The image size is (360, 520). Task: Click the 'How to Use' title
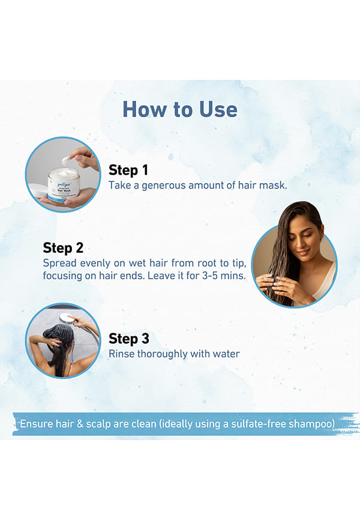point(180,109)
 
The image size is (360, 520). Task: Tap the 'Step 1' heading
point(128,170)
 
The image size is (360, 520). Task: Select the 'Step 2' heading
point(63,248)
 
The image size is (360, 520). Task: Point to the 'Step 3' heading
point(129,339)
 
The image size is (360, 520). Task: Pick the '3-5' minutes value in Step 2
point(210,276)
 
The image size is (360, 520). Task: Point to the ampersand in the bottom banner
point(80,424)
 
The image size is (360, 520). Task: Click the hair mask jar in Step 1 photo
point(64,185)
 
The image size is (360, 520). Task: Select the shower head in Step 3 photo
point(66,318)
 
